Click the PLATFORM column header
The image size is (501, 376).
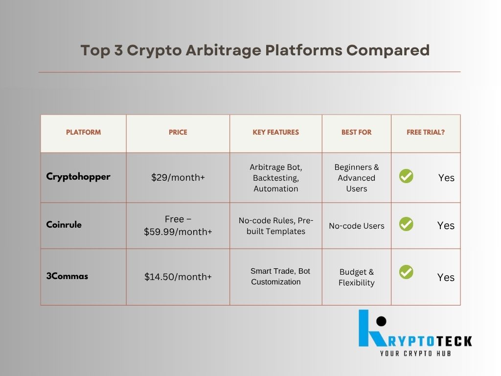click(83, 132)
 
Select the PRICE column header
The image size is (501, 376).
click(178, 132)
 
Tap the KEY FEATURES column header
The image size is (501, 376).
click(276, 132)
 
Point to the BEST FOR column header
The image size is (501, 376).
click(356, 132)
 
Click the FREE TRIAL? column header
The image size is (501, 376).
click(426, 132)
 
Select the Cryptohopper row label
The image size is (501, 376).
click(78, 177)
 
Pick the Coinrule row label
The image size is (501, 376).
click(64, 224)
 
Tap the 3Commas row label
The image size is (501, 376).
click(67, 276)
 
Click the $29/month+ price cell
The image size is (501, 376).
click(178, 177)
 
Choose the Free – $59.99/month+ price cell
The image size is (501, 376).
click(178, 225)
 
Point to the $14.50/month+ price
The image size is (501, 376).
click(178, 277)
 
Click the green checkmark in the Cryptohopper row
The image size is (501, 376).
click(406, 176)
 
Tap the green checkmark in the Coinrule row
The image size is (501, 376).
click(406, 224)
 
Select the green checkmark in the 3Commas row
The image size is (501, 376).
click(406, 272)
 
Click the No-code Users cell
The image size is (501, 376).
click(357, 226)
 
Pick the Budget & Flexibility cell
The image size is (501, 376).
click(357, 277)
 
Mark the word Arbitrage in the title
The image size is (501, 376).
click(223, 50)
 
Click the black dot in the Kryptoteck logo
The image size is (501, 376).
click(381, 321)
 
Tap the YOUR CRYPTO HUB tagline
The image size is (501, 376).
click(415, 353)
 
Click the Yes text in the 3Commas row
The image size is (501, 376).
click(446, 277)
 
